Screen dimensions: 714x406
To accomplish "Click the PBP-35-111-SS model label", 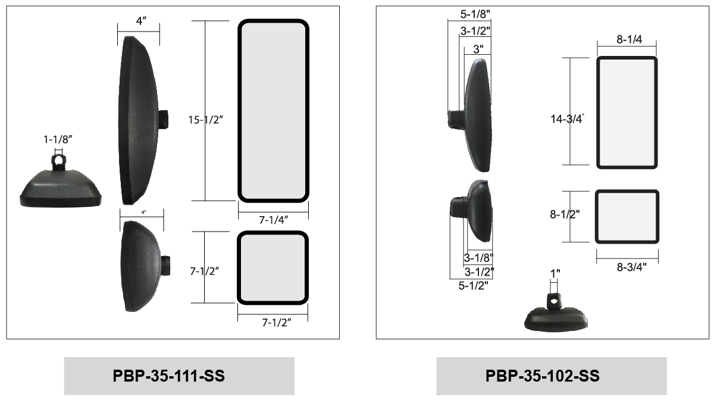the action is coord(168,376).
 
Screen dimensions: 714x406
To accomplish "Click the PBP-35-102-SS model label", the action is coord(542,376).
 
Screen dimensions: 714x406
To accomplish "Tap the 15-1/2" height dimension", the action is coord(206,120).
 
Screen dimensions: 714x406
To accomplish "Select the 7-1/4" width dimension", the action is coord(274,220).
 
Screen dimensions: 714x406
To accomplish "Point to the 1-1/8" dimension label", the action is coord(58,139).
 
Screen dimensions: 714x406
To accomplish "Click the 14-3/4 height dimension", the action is coord(568,119).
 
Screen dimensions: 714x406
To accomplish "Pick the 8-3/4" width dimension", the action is coord(631,267).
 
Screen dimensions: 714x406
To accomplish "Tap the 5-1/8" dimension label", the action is coord(475,14).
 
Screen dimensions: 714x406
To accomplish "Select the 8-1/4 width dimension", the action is coord(630,39).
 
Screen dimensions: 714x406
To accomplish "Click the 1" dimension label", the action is coord(555,274).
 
